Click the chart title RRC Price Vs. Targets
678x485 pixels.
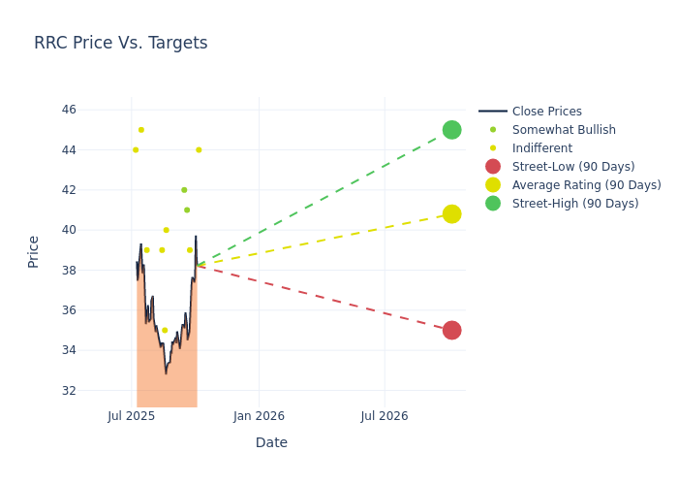coord(121,43)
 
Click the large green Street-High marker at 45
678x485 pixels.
coord(451,130)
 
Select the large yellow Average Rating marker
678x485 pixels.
coord(451,213)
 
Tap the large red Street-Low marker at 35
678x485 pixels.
coord(451,330)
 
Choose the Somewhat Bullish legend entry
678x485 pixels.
coord(564,130)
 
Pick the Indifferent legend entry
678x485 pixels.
coord(541,148)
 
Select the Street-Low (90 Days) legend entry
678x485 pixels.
coord(573,167)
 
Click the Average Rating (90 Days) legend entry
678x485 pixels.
coord(586,185)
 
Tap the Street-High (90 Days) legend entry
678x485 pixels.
coord(575,204)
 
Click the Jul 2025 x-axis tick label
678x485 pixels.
coord(132,416)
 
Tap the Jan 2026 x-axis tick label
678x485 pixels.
coord(259,416)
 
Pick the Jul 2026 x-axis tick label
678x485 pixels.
coord(385,416)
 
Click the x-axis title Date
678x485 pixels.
coord(271,442)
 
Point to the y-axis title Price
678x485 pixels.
coord(34,251)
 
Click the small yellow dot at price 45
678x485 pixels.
coord(141,130)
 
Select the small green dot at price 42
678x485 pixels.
coord(184,190)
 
